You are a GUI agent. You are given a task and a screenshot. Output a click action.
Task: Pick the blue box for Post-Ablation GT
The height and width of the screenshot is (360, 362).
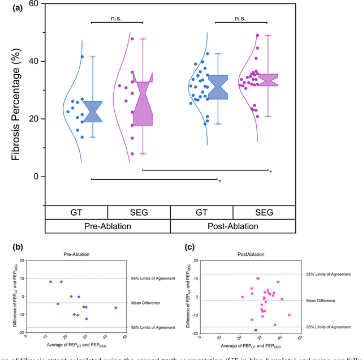pos(218,87)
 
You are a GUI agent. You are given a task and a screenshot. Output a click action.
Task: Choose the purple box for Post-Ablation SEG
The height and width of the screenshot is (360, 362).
pos(268,80)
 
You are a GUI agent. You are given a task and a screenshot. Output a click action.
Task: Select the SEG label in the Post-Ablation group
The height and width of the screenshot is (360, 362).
pos(264,213)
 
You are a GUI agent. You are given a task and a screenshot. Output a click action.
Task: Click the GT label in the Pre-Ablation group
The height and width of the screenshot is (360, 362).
pos(76,213)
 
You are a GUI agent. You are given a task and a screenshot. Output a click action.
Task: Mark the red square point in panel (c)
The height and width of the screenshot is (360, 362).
pos(256,330)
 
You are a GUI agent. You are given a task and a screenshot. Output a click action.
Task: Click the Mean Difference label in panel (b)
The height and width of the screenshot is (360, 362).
pos(147,303)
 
